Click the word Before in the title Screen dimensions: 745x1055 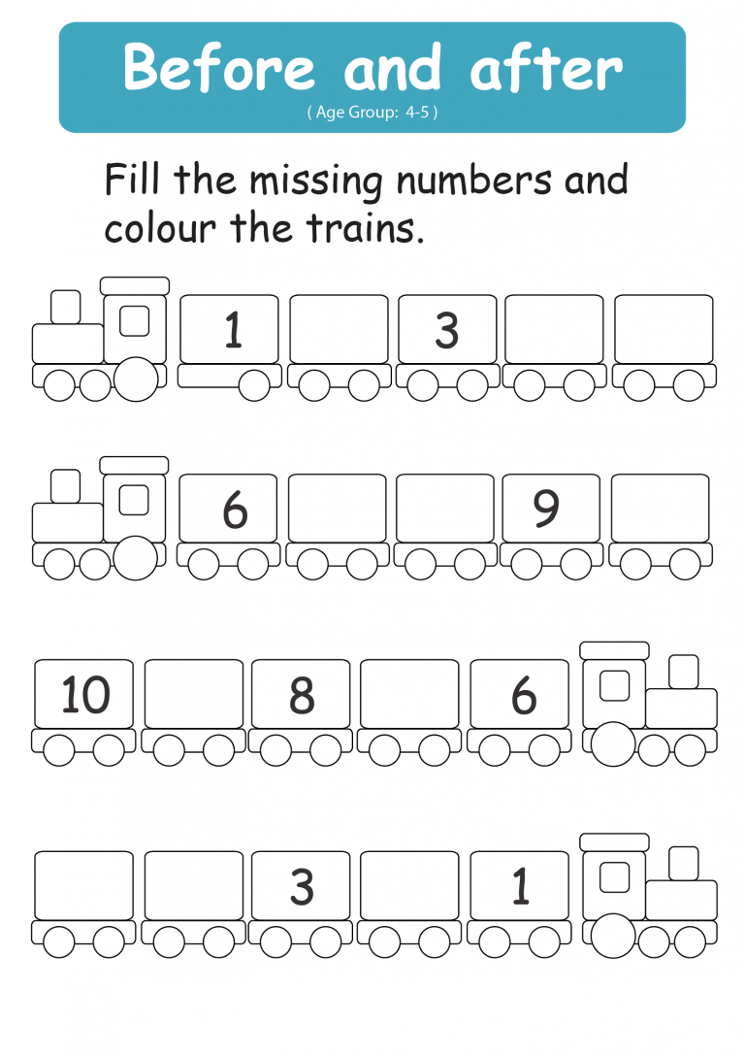pyautogui.click(x=219, y=67)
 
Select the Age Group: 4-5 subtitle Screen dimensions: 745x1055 pyautogui.click(x=372, y=113)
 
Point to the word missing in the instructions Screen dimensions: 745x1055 pyautogui.click(x=316, y=181)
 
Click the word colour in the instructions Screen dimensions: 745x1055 pyautogui.click(x=160, y=228)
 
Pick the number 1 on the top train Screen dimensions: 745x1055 pyautogui.click(x=233, y=330)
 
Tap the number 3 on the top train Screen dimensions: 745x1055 pyautogui.click(x=447, y=330)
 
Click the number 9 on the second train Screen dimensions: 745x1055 pyautogui.click(x=546, y=508)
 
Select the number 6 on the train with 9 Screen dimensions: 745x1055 pyautogui.click(x=236, y=510)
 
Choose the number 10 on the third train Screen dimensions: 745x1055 pyautogui.click(x=85, y=694)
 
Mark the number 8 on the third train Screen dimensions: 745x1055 pyautogui.click(x=302, y=695)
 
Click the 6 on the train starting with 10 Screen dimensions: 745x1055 pyautogui.click(x=524, y=695)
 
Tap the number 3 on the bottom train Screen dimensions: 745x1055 pyautogui.click(x=302, y=886)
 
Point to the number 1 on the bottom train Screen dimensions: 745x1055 pyautogui.click(x=520, y=885)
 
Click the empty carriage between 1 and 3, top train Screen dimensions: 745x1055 pyautogui.click(x=339, y=329)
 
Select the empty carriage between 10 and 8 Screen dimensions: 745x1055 pyautogui.click(x=194, y=694)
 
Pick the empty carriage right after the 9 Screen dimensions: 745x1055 pyautogui.click(x=661, y=508)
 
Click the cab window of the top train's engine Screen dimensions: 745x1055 pyautogui.click(x=135, y=321)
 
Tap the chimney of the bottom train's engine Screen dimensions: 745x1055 pyautogui.click(x=683, y=863)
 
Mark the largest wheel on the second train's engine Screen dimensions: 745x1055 pyautogui.click(x=136, y=558)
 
